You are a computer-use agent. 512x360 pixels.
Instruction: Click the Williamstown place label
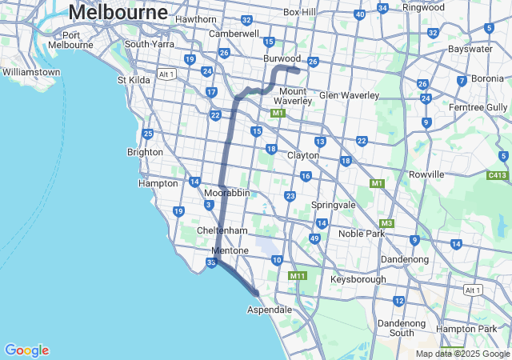[31, 72]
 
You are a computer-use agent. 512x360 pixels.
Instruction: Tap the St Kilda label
[134, 80]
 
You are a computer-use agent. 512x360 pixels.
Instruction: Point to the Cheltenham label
[222, 230]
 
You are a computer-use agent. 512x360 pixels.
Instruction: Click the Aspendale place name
[270, 310]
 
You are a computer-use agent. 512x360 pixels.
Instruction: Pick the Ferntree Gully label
[479, 107]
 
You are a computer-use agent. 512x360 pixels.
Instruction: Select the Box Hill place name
[302, 13]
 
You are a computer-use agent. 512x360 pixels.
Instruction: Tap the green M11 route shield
[298, 276]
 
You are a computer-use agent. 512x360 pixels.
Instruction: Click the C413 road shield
[498, 174]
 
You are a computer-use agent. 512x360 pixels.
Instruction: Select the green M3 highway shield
[386, 223]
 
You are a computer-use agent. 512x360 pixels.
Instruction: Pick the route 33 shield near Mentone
[211, 262]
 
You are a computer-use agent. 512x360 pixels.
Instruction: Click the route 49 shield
[315, 239]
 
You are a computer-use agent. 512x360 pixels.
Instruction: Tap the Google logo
[26, 350]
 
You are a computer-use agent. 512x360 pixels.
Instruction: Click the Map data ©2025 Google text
[462, 354]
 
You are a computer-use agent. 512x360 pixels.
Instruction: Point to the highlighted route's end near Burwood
[298, 70]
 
